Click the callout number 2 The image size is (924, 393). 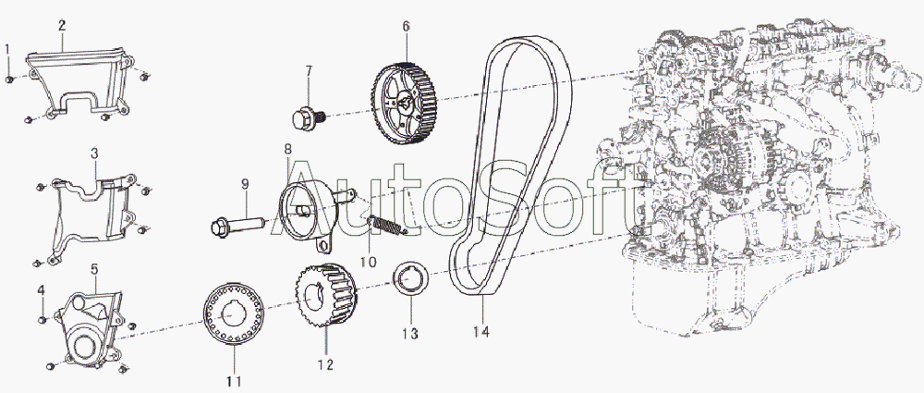pyautogui.click(x=62, y=25)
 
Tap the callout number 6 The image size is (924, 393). pyautogui.click(x=406, y=27)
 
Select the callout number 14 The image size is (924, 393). pyautogui.click(x=481, y=332)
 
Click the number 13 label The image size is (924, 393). pyautogui.click(x=410, y=334)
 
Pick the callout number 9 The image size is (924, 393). pyautogui.click(x=245, y=184)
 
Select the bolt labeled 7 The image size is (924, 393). pyautogui.click(x=310, y=118)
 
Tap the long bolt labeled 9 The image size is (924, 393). pyautogui.click(x=236, y=226)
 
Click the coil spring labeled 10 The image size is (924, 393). pyautogui.click(x=386, y=225)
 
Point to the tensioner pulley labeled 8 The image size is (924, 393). pyautogui.click(x=309, y=210)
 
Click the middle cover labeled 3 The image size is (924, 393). pyautogui.click(x=91, y=216)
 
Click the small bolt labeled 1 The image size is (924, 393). pyautogui.click(x=9, y=79)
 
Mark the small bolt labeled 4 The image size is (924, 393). pyautogui.click(x=42, y=320)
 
